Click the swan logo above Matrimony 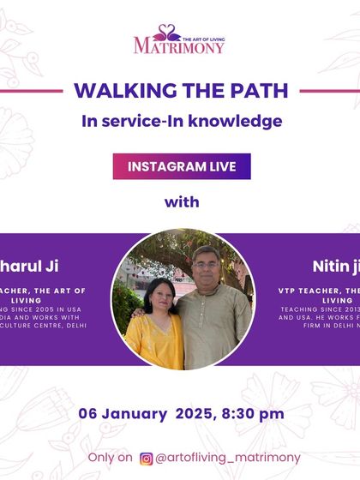[x=169, y=33]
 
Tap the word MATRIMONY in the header [x=179, y=46]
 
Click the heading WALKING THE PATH [x=181, y=90]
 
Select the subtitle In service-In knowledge [x=182, y=121]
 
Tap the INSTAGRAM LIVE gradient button [x=182, y=166]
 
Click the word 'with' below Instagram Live [x=182, y=202]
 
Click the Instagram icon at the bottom [x=147, y=459]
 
